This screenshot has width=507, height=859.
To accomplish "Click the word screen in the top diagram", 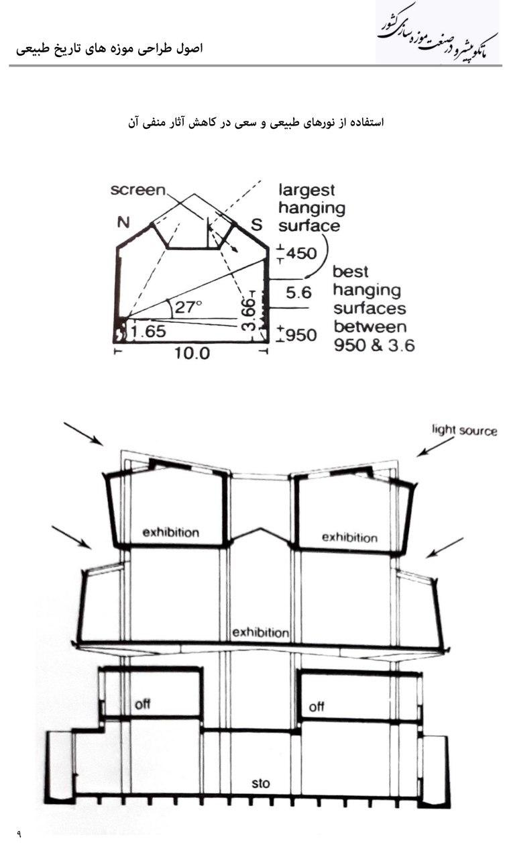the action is point(137,190).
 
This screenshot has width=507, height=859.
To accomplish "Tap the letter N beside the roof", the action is point(123,222).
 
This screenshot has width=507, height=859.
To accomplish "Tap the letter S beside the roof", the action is point(256,225).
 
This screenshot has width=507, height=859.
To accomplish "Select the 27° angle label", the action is point(188,307).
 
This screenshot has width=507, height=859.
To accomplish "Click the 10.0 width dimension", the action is point(192,353).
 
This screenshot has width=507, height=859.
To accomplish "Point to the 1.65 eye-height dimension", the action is point(149,332).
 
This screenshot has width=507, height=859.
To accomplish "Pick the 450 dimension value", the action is point(301,254).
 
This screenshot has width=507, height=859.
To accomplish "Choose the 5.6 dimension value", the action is point(298,293).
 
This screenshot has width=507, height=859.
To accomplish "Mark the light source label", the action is point(465,430).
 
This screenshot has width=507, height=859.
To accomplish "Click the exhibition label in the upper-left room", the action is point(171,533).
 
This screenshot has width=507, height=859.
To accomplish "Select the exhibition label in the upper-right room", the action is point(349,538).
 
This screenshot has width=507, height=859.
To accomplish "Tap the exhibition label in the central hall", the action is point(261,632).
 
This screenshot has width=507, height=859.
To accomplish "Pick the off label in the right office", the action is point(317,707).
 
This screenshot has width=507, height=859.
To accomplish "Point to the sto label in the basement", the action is point(261,783).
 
